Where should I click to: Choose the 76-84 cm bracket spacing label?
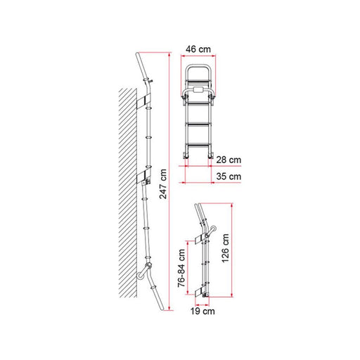[181, 268]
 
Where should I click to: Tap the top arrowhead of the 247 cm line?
[169, 51]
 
